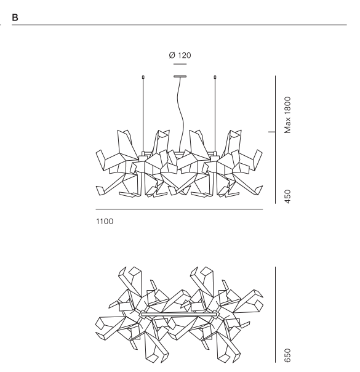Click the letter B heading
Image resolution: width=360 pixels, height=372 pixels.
[x=15, y=18]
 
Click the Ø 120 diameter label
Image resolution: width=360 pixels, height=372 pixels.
[x=180, y=55]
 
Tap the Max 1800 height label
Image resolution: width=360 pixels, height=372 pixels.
[x=287, y=115]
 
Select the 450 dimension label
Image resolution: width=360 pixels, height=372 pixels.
[x=287, y=196]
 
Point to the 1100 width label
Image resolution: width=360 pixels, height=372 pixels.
[x=105, y=221]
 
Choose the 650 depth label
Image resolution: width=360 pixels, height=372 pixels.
[x=287, y=355]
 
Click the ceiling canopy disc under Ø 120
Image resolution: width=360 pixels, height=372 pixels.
[x=180, y=76]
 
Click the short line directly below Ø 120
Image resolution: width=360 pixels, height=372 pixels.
[x=180, y=64]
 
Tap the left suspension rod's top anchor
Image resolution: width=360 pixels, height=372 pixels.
[x=143, y=77]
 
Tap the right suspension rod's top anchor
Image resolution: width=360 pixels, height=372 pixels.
[x=215, y=77]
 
